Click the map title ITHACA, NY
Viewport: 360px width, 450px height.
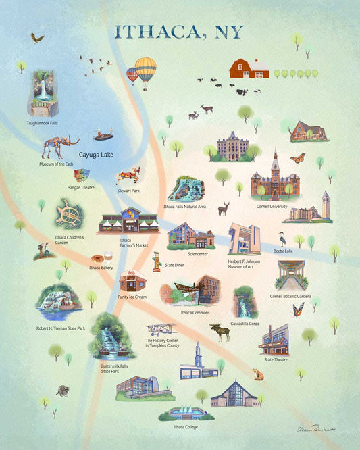pyautogui.click(x=179, y=32)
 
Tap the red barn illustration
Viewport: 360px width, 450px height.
pyautogui.click(x=249, y=68)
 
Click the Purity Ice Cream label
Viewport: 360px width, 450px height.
pyautogui.click(x=131, y=297)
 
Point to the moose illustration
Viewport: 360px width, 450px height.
pyautogui.click(x=220, y=331)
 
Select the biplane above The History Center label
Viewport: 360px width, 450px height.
pyautogui.click(x=161, y=330)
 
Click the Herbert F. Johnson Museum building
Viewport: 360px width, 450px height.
pyautogui.click(x=244, y=240)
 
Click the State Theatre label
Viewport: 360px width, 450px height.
pyautogui.click(x=277, y=360)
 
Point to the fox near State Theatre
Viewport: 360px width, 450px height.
pyautogui.click(x=257, y=374)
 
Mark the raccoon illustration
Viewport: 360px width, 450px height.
pyautogui.click(x=63, y=391)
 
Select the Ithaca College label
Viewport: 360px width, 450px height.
pyautogui.click(x=188, y=427)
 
